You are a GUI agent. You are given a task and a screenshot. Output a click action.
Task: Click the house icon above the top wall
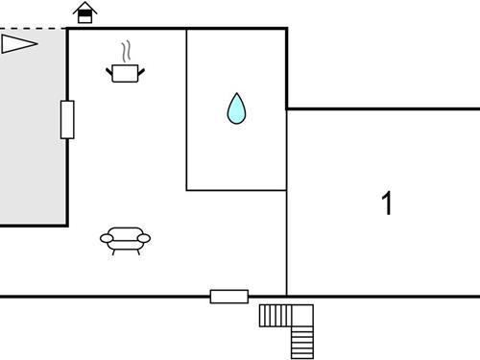point(85,12)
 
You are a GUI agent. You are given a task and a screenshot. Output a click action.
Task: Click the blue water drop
point(236,108)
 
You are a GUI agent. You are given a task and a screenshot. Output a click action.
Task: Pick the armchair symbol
point(126,239)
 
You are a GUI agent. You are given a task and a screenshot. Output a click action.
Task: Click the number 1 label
point(387,204)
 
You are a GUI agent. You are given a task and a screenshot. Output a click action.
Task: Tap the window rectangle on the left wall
point(67,119)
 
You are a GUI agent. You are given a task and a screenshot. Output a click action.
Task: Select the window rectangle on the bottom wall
point(228,297)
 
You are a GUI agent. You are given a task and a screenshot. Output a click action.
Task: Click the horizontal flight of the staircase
point(276,315)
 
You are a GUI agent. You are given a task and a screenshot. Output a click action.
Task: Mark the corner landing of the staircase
point(303,315)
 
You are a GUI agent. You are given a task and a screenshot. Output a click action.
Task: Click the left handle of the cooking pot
point(109,68)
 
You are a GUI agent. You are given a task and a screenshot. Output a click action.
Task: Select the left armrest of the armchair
point(106,238)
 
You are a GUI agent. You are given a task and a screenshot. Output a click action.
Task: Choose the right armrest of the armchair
point(146,238)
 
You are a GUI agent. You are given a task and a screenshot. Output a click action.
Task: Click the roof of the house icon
point(85,7)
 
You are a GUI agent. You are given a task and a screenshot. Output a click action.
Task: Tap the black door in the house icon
point(85,17)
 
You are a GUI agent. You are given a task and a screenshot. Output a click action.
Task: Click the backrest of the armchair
point(126,231)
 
